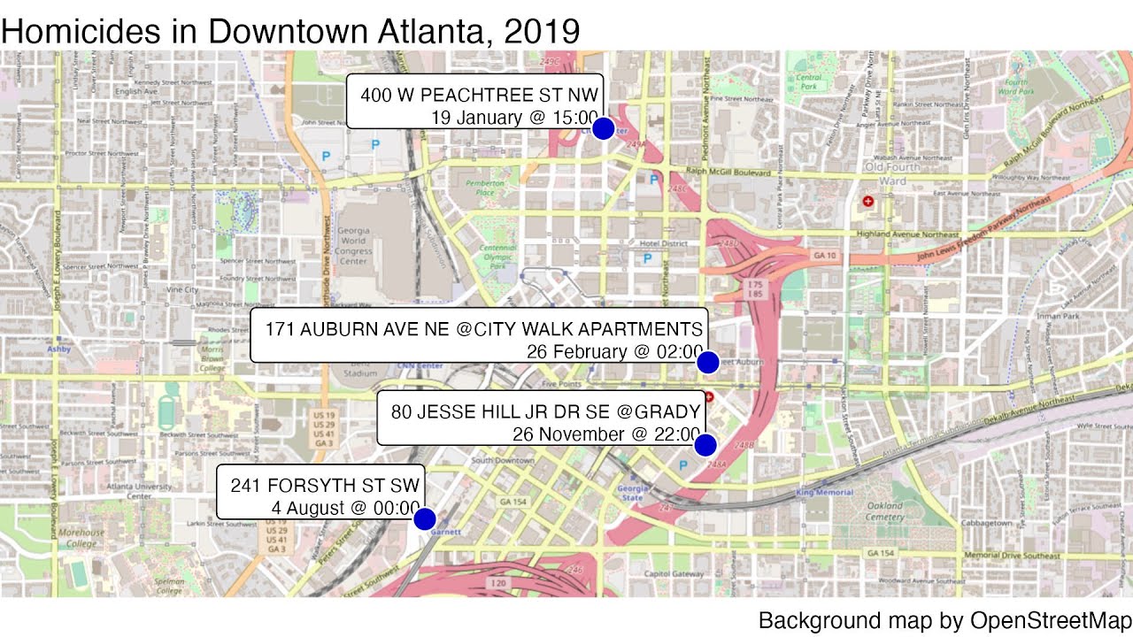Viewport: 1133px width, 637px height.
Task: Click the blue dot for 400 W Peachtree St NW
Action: click(603, 128)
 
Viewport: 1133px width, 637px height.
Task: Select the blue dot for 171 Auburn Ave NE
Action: click(707, 362)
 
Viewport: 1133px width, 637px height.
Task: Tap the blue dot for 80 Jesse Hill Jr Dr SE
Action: click(705, 444)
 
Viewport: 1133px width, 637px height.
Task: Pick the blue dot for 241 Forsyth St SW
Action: click(425, 518)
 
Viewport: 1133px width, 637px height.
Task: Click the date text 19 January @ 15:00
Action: click(514, 117)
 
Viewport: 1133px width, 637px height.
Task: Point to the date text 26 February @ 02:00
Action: click(614, 351)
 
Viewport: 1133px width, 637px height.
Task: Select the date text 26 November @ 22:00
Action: click(606, 434)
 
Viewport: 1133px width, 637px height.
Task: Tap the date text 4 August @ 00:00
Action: click(345, 509)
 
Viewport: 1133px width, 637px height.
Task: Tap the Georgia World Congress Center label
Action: click(353, 245)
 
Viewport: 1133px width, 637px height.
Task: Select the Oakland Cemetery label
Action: click(885, 510)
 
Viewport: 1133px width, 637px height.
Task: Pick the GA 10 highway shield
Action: click(826, 256)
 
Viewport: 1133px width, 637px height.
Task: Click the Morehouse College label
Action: click(81, 538)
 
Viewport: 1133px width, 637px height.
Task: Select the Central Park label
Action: click(809, 82)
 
